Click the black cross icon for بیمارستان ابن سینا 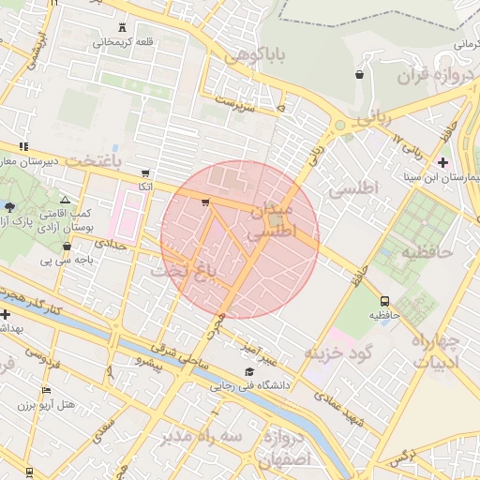pyautogui.click(x=442, y=162)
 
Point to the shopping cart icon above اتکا pyautogui.click(x=144, y=173)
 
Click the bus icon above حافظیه pyautogui.click(x=384, y=301)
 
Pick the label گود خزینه pyautogui.click(x=338, y=352)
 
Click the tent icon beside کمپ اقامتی pyautogui.click(x=65, y=201)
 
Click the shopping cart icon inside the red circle pyautogui.click(x=205, y=202)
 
